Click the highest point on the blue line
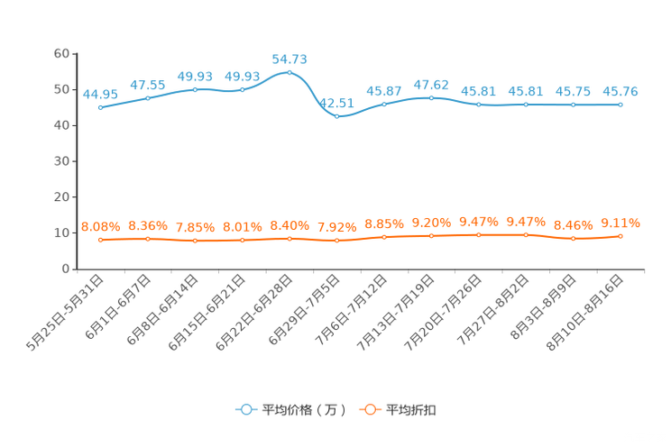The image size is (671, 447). coord(290,70)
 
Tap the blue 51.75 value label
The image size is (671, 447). coord(290,59)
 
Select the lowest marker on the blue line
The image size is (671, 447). coord(337,116)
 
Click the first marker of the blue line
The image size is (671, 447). coord(100,107)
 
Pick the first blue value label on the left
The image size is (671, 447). coord(100,94)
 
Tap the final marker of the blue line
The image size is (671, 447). coord(620,105)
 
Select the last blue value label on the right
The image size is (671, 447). coord(620,91)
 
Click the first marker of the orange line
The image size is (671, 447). coord(100,241)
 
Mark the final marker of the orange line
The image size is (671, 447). coord(620,236)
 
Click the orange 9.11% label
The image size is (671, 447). coord(620,223)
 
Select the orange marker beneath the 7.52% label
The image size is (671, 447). coord(337,241)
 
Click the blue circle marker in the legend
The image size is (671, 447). coord(245,409)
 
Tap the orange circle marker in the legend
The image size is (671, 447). coord(370,409)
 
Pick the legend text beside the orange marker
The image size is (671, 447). coord(413,410)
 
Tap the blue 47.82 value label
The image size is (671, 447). coord(431,85)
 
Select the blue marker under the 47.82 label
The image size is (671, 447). coord(431,97)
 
